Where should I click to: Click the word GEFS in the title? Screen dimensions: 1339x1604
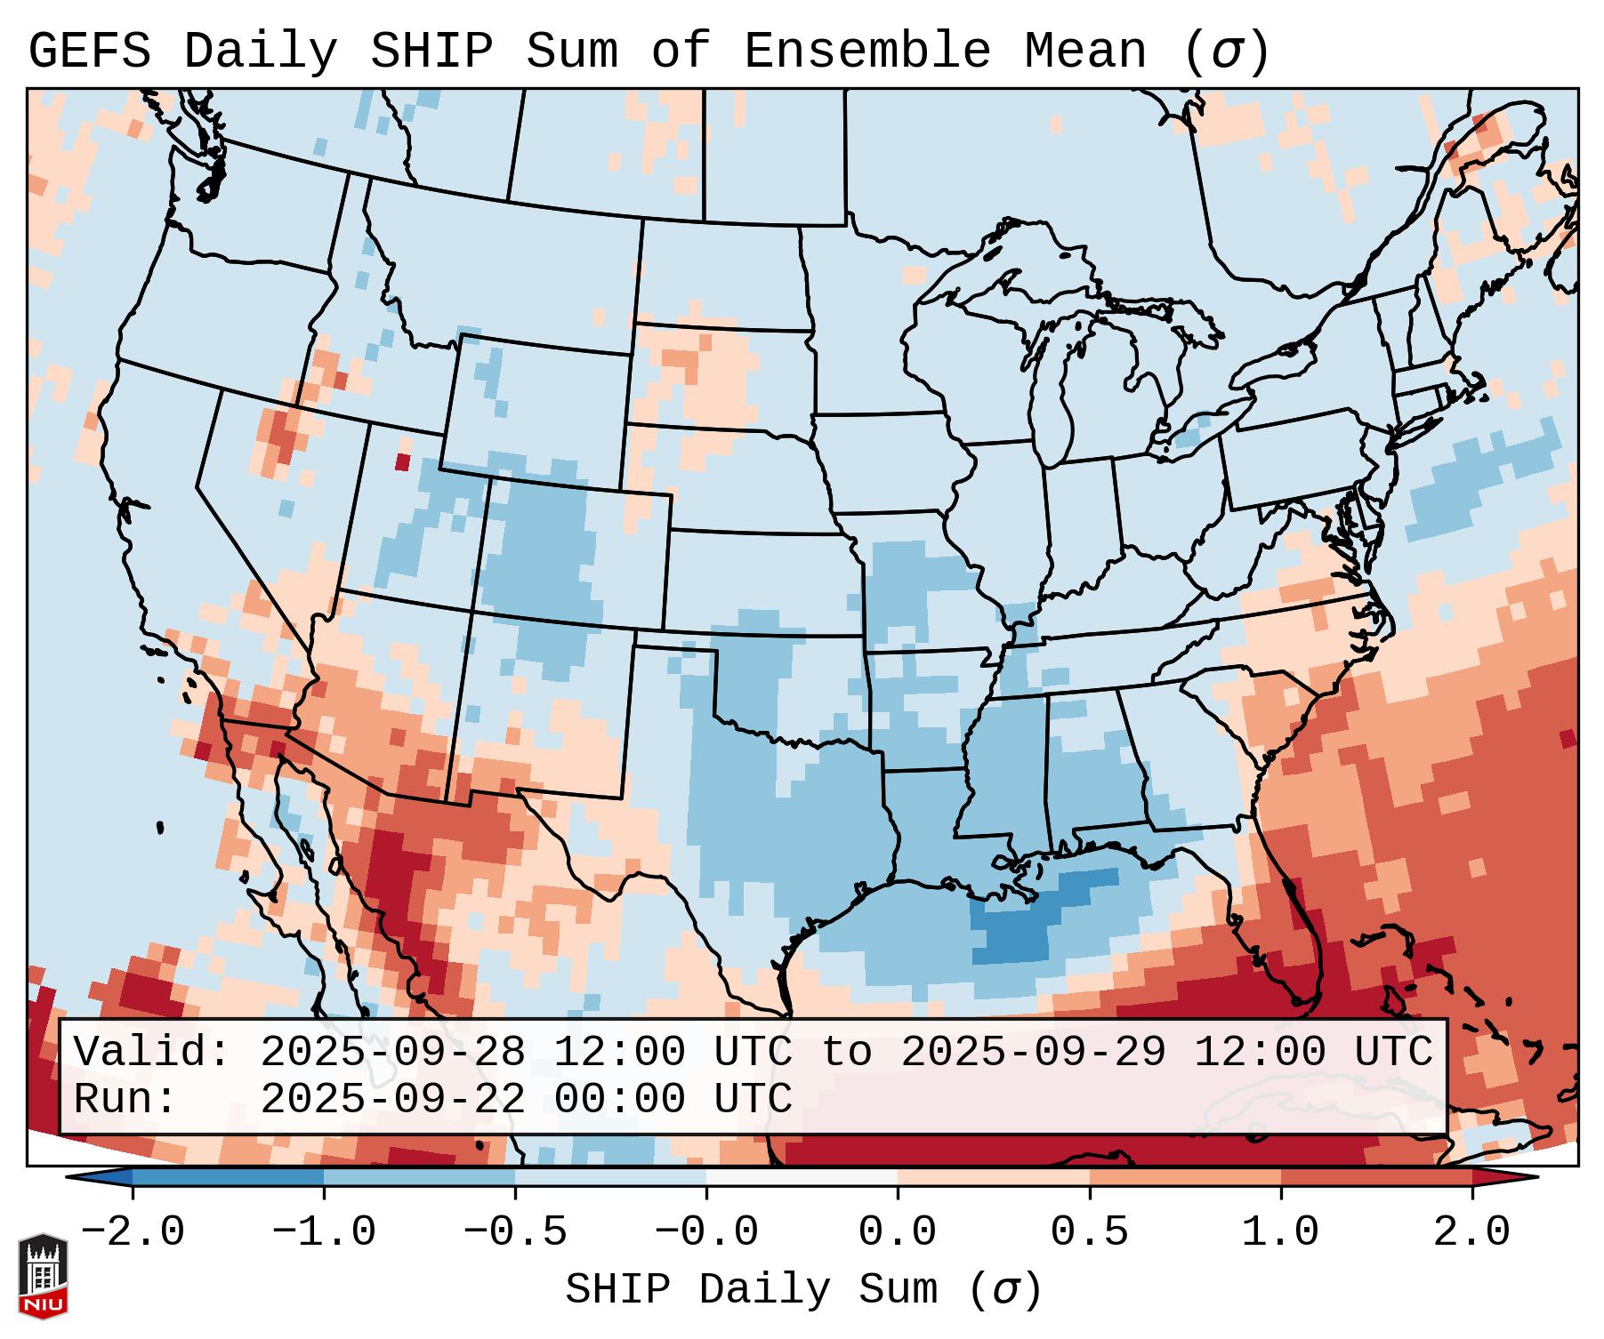point(89,51)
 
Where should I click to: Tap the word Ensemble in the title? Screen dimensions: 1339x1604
point(866,51)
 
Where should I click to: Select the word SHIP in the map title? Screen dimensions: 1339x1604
point(431,51)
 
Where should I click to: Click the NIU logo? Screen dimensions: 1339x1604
point(43,1275)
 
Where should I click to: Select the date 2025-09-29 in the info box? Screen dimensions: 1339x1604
point(1033,1053)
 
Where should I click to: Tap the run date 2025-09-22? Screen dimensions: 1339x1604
point(392,1100)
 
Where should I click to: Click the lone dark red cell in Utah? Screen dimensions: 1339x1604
point(402,462)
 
